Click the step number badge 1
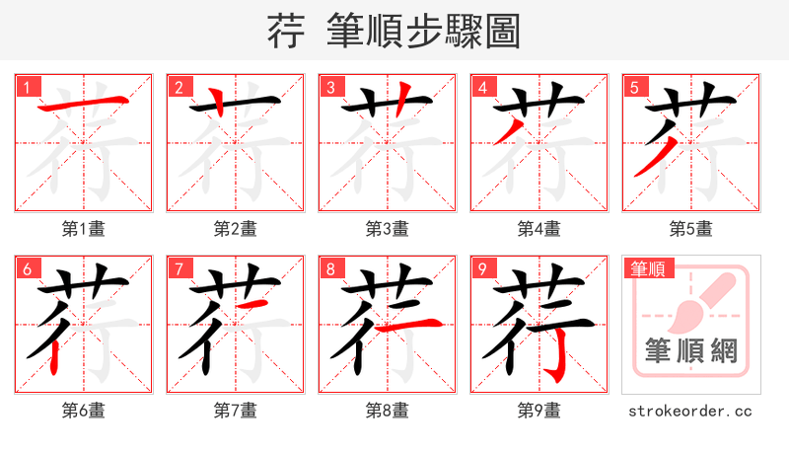point(27,87)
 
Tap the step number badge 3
point(330,87)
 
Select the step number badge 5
point(634,87)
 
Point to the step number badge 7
point(179,268)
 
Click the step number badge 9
point(482,268)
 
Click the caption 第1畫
point(83,229)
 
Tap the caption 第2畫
point(235,229)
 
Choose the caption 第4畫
point(538,229)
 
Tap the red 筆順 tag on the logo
point(647,267)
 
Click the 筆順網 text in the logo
point(690,350)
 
